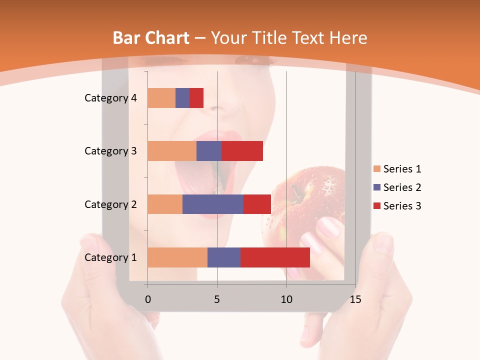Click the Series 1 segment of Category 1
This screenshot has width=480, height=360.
pyautogui.click(x=177, y=257)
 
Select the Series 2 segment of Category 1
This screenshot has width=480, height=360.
pyautogui.click(x=224, y=257)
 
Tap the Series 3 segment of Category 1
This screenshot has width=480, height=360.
pyautogui.click(x=275, y=257)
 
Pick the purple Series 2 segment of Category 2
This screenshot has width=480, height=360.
pyautogui.click(x=213, y=204)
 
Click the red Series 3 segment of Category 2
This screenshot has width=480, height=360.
pyautogui.click(x=257, y=204)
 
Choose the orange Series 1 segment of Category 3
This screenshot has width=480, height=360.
pyautogui.click(x=172, y=151)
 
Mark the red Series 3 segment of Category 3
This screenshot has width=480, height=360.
pyautogui.click(x=242, y=151)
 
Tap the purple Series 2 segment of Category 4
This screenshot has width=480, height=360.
pyautogui.click(x=182, y=98)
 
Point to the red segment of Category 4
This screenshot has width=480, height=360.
pyautogui.click(x=196, y=98)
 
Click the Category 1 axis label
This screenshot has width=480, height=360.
pyautogui.click(x=110, y=257)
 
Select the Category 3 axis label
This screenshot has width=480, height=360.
pyautogui.click(x=110, y=151)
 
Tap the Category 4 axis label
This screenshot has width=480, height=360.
pyautogui.click(x=110, y=98)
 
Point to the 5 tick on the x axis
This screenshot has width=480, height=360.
pyautogui.click(x=217, y=299)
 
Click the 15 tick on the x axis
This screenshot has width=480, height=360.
pyautogui.click(x=355, y=299)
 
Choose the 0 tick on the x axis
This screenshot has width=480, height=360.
pyautogui.click(x=147, y=299)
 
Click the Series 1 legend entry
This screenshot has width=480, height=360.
pyautogui.click(x=397, y=169)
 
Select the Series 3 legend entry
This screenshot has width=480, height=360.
pyautogui.click(x=397, y=206)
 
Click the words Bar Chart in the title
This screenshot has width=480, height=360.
pyautogui.click(x=151, y=38)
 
